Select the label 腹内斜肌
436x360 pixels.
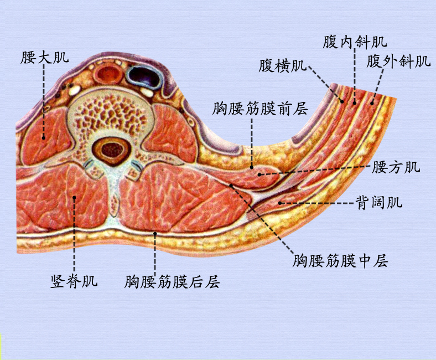[355, 42]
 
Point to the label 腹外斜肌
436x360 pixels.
[398, 61]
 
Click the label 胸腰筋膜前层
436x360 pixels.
[259, 109]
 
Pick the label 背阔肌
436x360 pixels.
[378, 203]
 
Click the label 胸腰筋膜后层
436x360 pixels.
[173, 282]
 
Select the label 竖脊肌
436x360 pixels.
[74, 281]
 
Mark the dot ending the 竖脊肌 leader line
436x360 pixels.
[74, 197]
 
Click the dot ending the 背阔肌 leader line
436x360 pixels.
[281, 203]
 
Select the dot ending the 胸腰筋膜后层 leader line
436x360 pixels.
[155, 234]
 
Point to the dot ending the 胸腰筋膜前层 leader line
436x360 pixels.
[252, 166]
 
